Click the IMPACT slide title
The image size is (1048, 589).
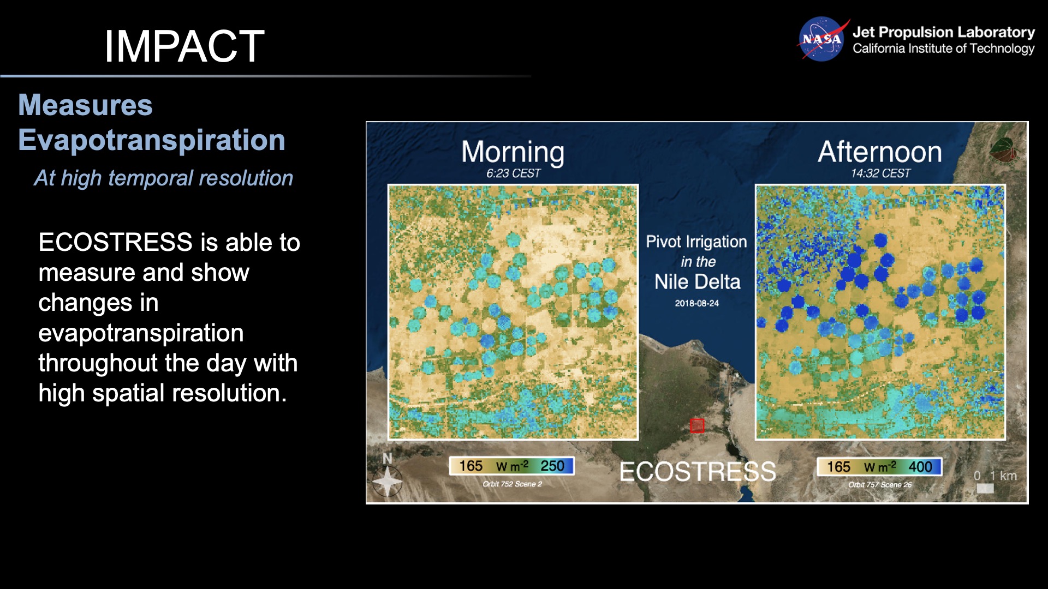184,46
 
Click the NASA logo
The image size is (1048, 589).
821,39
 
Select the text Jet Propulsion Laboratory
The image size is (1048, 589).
943,32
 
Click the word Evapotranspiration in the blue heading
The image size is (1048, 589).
152,140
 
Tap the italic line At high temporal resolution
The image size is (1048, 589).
163,178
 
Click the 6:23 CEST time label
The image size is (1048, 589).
513,173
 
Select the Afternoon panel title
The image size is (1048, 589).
879,152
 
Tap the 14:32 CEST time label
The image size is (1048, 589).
880,173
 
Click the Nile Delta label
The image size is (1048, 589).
697,282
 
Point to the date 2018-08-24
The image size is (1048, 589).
696,303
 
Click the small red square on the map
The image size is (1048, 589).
697,425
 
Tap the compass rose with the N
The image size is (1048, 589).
387,479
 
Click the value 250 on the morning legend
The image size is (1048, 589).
552,466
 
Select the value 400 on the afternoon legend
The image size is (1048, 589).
920,467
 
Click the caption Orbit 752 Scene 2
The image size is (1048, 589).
512,484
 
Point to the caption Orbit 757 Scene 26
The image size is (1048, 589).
879,484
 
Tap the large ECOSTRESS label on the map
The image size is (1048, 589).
697,472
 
